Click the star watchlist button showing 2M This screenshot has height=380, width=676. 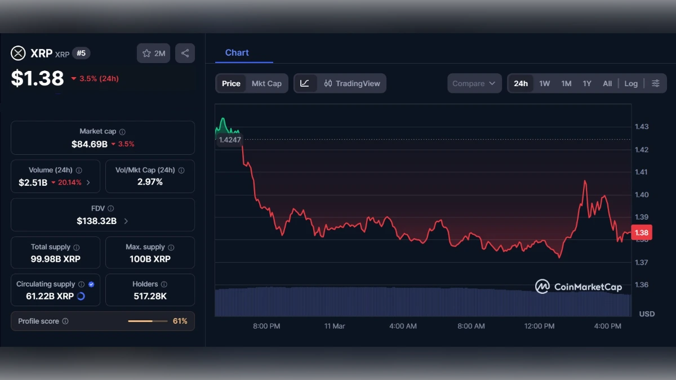coord(153,53)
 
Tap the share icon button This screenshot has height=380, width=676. coord(185,53)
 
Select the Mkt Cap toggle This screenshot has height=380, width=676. coord(266,83)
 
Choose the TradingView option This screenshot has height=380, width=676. coord(352,83)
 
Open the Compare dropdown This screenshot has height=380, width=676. coord(474,83)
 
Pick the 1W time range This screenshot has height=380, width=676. coord(544,83)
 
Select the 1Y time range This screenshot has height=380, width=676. coord(587,83)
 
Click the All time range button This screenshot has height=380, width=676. coord(607,83)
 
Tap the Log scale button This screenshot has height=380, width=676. coord(631,83)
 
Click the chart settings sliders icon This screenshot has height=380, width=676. coord(656,83)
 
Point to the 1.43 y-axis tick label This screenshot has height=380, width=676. coord(642,127)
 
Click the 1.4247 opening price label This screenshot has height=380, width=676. coord(229,140)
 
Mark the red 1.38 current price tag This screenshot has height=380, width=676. coord(641,233)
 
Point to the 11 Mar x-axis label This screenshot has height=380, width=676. coord(335,326)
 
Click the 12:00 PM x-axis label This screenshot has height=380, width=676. coord(539,326)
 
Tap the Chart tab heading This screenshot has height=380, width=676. coord(237,52)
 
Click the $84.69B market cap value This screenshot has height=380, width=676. coord(90,144)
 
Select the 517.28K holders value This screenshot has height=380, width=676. coord(150,296)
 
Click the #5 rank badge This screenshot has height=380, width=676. coord(81,53)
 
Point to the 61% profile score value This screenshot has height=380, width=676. coord(180,321)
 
